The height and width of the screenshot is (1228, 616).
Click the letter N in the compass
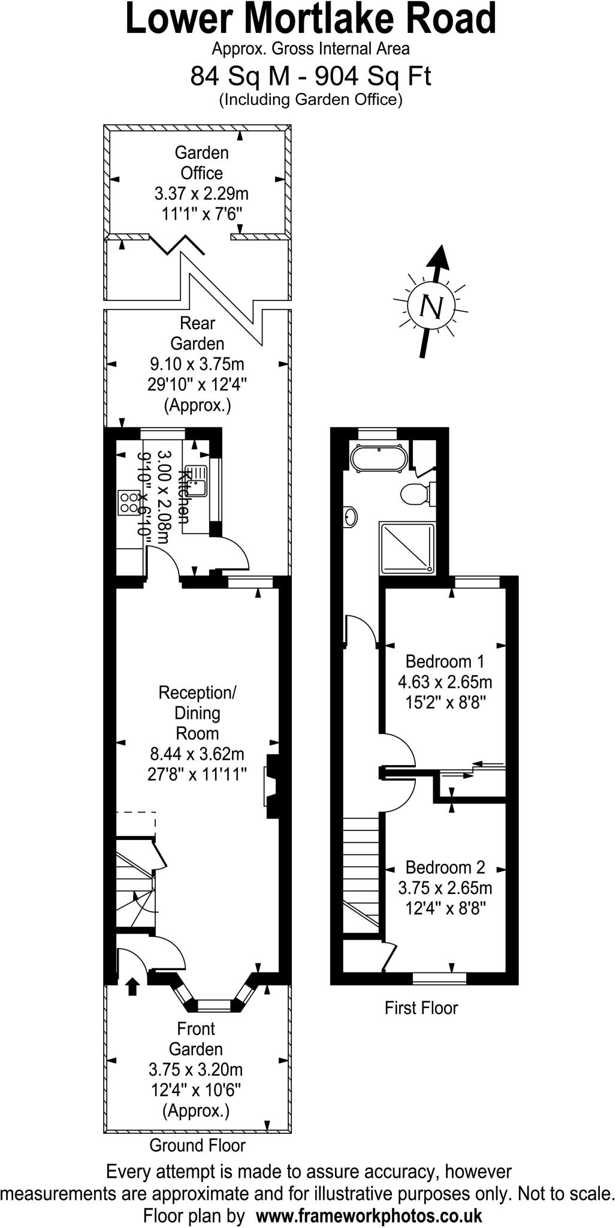coord(431,307)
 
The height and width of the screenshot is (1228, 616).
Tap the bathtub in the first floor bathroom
coord(379,458)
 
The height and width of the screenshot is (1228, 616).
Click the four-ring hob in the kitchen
coord(128,502)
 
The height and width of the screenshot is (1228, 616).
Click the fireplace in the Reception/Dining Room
coord(270,787)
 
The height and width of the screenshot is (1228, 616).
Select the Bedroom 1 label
coord(445,661)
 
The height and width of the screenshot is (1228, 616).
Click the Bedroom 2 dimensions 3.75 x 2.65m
coord(445,887)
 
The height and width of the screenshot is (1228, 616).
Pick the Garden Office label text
coord(201,162)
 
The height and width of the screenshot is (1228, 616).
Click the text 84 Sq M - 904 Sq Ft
coord(310,76)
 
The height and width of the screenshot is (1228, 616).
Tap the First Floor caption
coord(421,1008)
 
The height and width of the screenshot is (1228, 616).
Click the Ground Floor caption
coord(197,1145)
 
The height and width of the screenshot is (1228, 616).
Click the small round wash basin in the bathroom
coord(351,516)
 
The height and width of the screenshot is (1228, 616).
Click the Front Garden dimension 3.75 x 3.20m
coord(195,1070)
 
